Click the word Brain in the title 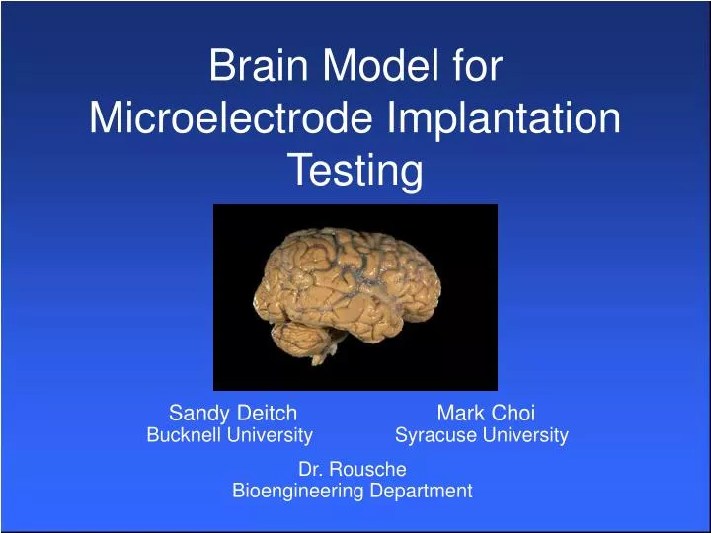(257, 68)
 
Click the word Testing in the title (355, 172)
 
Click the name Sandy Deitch (233, 413)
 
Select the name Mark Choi (486, 413)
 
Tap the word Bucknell (185, 435)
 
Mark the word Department (419, 491)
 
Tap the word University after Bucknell (271, 435)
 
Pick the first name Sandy (197, 413)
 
